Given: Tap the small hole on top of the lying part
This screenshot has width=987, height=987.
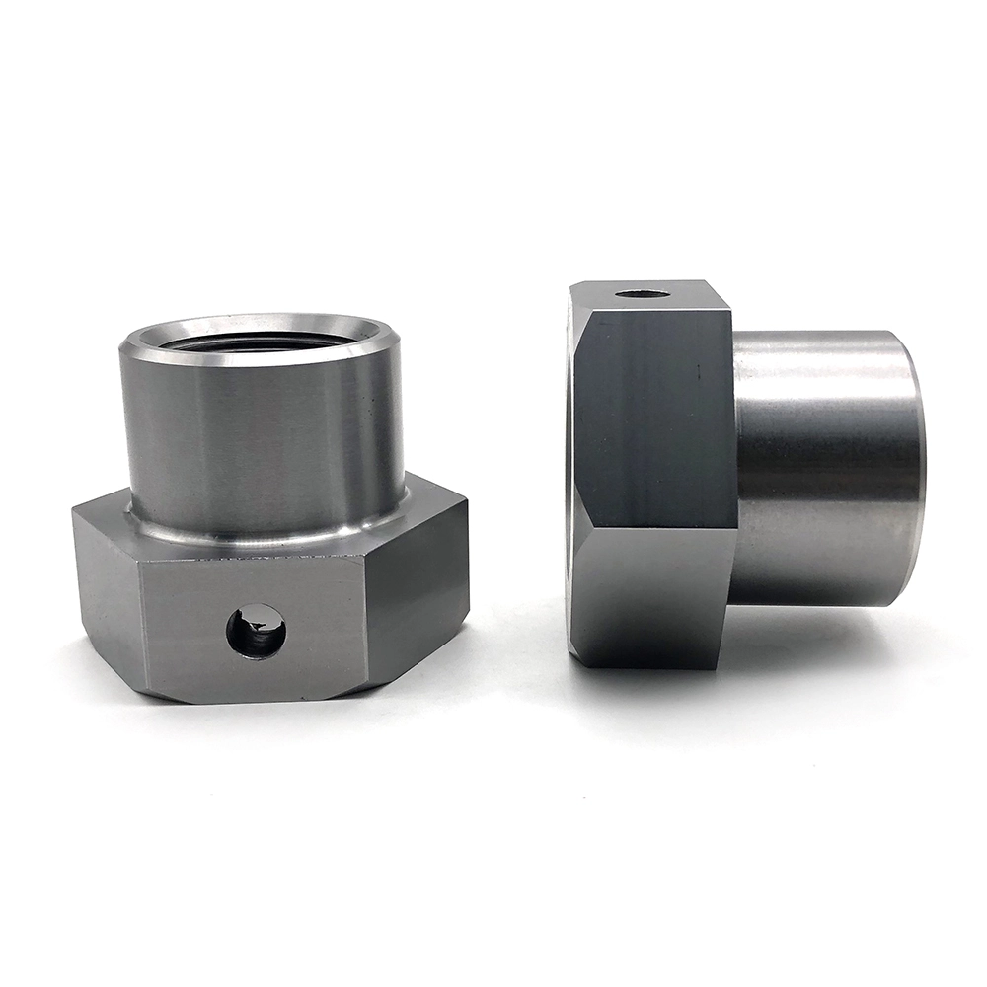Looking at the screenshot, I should pos(642,294).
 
